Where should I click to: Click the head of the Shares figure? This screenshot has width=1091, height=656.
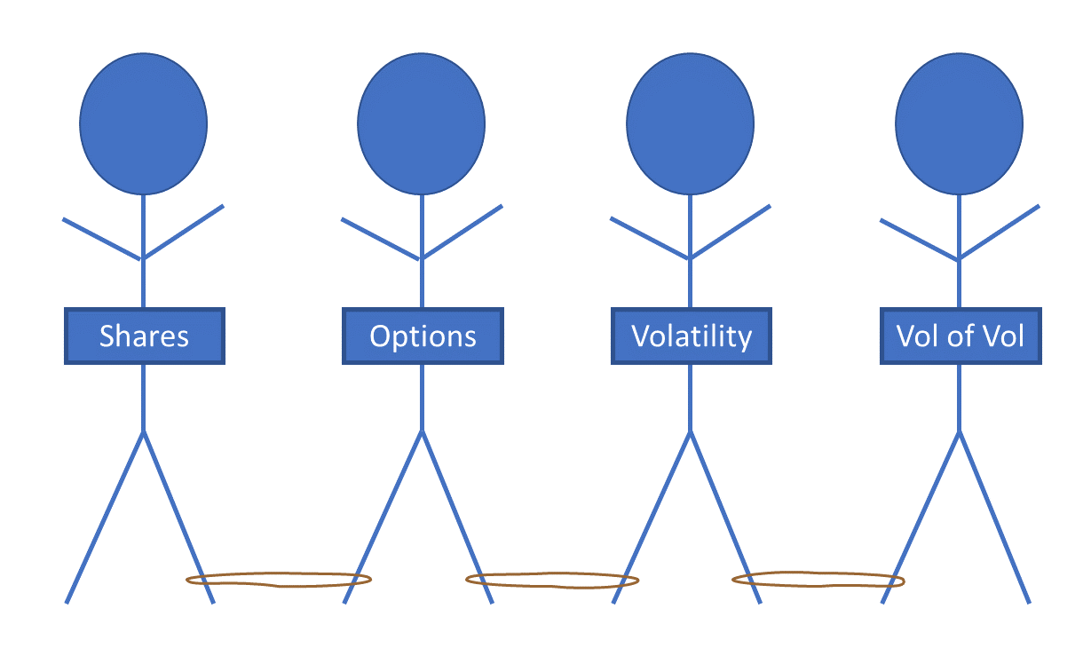pos(143,123)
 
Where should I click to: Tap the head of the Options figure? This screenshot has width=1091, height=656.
pos(421,123)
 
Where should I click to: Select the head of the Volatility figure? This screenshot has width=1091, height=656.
pos(690,123)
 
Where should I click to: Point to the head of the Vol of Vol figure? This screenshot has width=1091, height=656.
pos(959,123)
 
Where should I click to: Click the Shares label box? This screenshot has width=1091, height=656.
pos(144,336)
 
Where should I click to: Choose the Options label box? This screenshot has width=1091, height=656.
pos(423,336)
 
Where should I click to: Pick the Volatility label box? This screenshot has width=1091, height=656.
pos(692,336)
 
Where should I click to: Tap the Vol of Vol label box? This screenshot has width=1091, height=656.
pos(961,336)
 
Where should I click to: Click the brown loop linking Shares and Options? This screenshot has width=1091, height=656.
pos(278,586)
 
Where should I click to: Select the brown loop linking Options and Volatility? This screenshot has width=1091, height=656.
pos(552,587)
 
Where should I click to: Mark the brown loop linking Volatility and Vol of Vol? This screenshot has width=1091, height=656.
pos(818,587)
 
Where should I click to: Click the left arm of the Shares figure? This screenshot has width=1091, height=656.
pos(102,238)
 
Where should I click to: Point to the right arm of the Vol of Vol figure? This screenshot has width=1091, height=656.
pos(1000,233)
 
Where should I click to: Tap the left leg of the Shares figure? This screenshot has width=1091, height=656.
pos(105,518)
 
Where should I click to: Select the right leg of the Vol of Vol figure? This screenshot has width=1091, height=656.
pos(994,518)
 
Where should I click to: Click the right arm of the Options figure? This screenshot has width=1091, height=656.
pos(462,233)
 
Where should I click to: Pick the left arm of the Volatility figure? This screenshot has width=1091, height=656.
pos(651,238)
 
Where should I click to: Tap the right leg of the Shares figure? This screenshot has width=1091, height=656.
pos(178,518)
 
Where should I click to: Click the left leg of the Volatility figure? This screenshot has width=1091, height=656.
pos(652,518)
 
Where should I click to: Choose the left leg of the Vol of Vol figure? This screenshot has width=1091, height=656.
pos(921,518)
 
